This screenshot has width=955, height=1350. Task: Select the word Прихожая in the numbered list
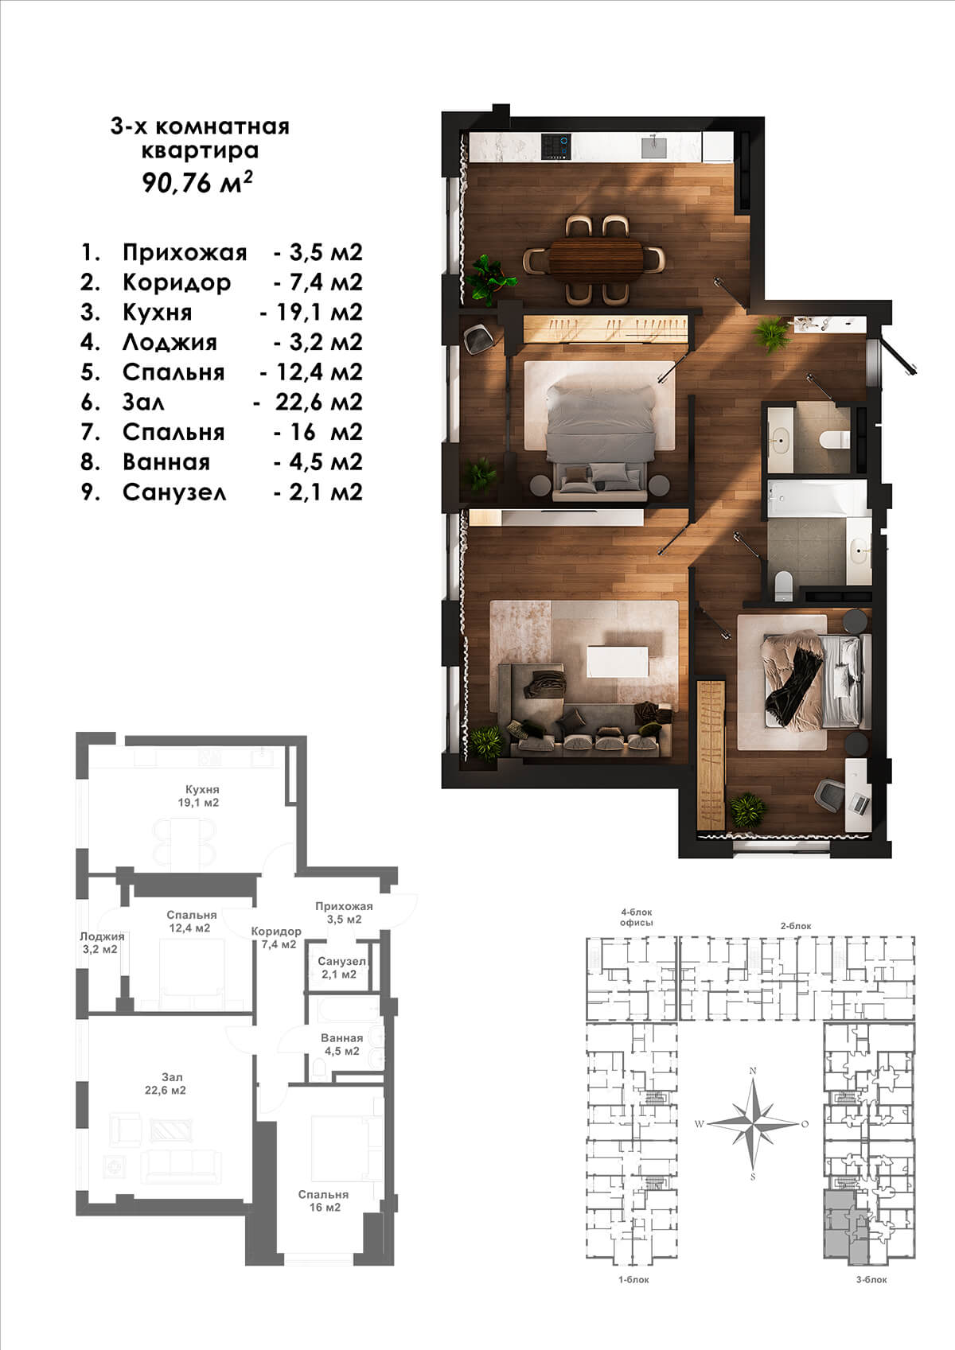tap(185, 252)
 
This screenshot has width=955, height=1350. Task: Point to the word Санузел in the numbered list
tap(174, 492)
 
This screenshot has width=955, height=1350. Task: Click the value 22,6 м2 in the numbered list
tap(319, 402)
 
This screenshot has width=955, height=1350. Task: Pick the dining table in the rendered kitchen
tap(595, 259)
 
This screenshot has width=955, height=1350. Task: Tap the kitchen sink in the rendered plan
tap(654, 146)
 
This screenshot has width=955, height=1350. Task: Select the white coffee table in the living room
tap(618, 662)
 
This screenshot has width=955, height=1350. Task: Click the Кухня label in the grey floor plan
tap(202, 789)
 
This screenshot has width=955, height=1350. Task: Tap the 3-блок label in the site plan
tap(871, 1279)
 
